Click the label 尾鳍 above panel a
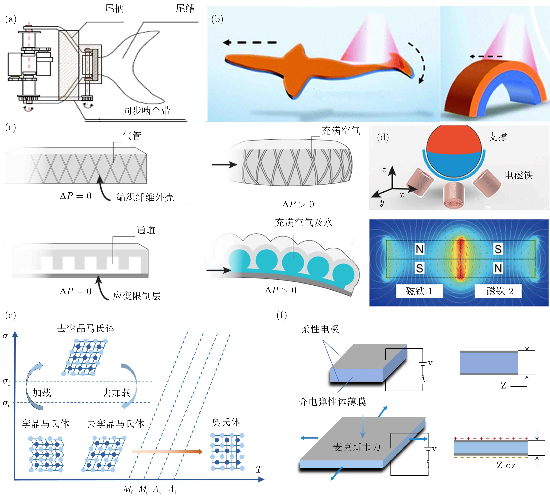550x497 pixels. tap(185, 8)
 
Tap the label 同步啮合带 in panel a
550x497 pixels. tap(146, 111)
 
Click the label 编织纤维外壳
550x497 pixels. tap(145, 197)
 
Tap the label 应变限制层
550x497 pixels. tap(137, 296)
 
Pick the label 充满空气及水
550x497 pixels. tap(304, 223)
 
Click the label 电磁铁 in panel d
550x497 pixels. tap(519, 175)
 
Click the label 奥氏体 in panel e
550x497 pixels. tap(226, 422)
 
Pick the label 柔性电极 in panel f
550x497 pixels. tap(320, 329)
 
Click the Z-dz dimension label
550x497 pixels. tap(506, 465)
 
